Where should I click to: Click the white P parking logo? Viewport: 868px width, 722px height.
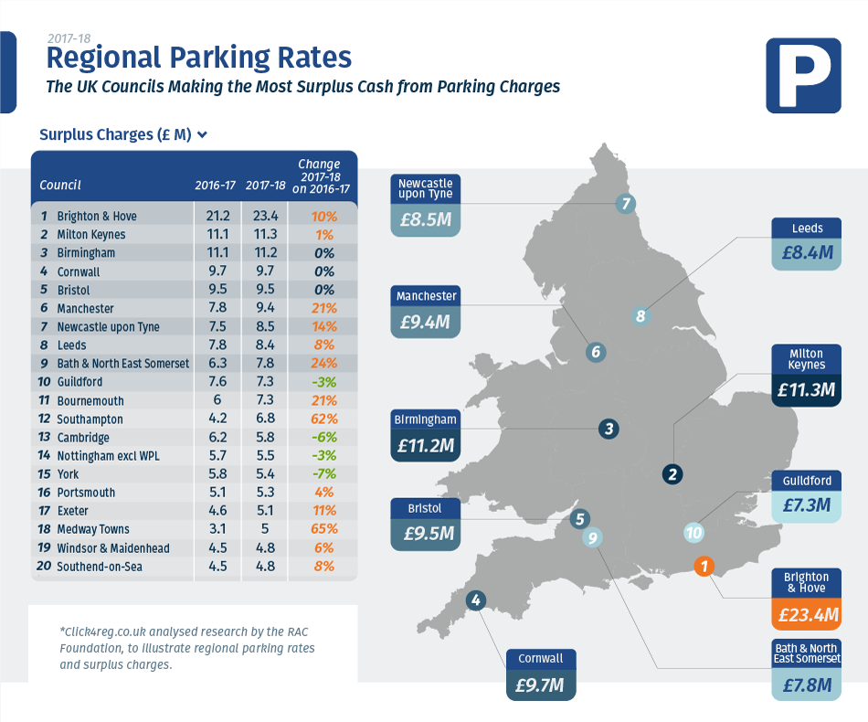(x=803, y=76)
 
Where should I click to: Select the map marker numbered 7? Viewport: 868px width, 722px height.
(x=626, y=204)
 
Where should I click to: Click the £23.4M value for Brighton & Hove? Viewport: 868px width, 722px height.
(x=806, y=615)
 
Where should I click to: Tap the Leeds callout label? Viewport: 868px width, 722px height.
(x=806, y=228)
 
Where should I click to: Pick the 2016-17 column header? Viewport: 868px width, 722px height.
(x=215, y=186)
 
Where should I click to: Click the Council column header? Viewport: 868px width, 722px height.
(x=60, y=186)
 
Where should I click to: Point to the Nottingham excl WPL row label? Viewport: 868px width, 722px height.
(x=108, y=456)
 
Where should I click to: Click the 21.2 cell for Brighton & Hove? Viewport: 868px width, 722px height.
(x=215, y=217)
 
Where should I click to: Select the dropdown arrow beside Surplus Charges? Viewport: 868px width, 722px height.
(x=202, y=134)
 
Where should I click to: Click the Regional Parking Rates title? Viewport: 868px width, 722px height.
(x=198, y=58)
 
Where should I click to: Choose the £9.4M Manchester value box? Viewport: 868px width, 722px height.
(x=426, y=322)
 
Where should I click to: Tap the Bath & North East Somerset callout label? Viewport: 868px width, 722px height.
(x=806, y=653)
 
